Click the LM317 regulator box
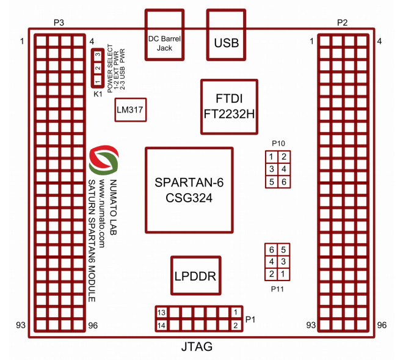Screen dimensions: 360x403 132,109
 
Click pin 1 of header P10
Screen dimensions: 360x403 271,157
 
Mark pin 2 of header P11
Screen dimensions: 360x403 271,273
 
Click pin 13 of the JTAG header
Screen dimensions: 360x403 161,312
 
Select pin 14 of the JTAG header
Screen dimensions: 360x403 161,325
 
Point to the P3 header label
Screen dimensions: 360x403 59,23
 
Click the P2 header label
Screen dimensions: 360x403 343,23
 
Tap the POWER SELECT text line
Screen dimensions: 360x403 111,68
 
